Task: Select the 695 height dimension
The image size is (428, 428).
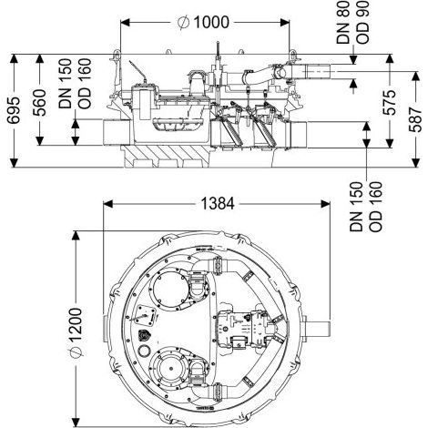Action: pyautogui.click(x=14, y=110)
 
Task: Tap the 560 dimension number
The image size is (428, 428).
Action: pyautogui.click(x=39, y=103)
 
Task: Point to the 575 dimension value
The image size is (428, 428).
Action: pyautogui.click(x=390, y=102)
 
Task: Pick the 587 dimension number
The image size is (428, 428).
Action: pyautogui.click(x=415, y=119)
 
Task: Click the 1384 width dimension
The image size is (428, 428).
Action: pyautogui.click(x=218, y=203)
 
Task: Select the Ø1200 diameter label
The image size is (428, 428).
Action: pyautogui.click(x=75, y=333)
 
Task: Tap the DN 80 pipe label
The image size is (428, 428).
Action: pyautogui.click(x=343, y=23)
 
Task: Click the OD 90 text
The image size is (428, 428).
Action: pyautogui.click(x=362, y=22)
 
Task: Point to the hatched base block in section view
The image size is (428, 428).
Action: pyautogui.click(x=166, y=156)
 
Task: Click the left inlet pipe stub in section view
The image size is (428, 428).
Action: pyautogui.click(x=117, y=132)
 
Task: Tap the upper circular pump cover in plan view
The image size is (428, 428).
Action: pyautogui.click(x=168, y=290)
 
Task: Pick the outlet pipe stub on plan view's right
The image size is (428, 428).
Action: pyautogui.click(x=316, y=329)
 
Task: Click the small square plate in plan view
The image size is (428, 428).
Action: pyautogui.click(x=145, y=315)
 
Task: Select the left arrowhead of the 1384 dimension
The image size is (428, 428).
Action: pyautogui.click(x=108, y=204)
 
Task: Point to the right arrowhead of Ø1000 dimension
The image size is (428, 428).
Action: pyautogui.click(x=285, y=23)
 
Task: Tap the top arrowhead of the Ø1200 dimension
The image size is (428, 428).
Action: pyautogui.click(x=76, y=236)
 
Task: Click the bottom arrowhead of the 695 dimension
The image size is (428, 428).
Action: pyautogui.click(x=14, y=163)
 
